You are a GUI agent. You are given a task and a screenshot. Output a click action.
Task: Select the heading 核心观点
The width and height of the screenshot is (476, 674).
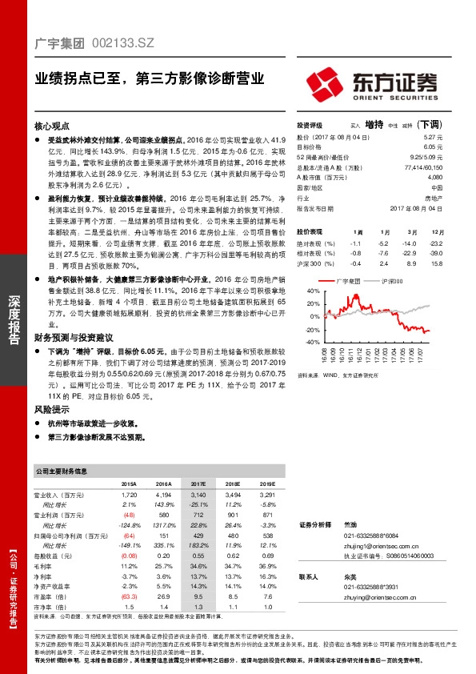coord(53,126)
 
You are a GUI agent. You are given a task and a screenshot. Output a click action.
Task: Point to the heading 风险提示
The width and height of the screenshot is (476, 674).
coord(53,409)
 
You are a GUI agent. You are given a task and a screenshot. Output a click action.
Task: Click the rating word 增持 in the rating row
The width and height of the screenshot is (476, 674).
coord(374,126)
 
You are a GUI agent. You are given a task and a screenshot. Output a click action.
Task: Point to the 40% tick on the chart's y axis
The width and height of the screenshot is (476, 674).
coord(303,291)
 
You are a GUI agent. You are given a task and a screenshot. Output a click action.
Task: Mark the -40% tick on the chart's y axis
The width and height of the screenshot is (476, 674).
coord(302,342)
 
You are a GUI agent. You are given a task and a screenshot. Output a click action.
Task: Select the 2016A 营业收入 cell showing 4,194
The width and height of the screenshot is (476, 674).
coord(163,497)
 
